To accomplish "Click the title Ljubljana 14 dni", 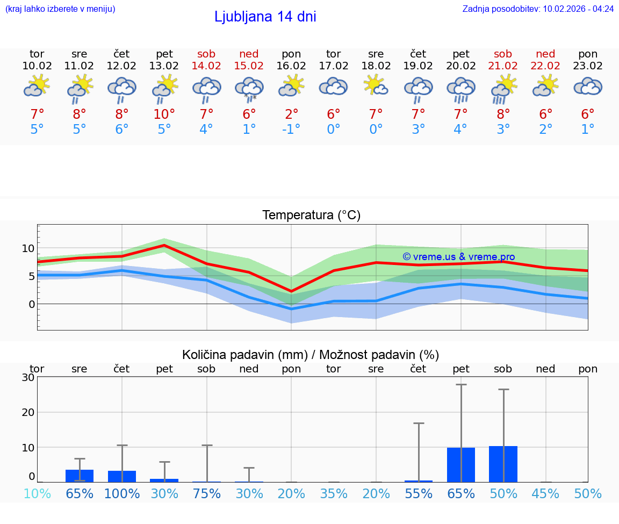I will (x=265, y=17).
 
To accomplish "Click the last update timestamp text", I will (x=538, y=9).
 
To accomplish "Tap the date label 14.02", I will (x=206, y=66).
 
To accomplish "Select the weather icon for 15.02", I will (x=249, y=89).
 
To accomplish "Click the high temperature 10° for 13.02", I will (x=164, y=114).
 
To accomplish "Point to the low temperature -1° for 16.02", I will (x=291, y=129).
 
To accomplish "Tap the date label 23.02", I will (x=588, y=66).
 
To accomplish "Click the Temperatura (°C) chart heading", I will (x=311, y=215).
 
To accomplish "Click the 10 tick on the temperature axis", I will (x=28, y=248).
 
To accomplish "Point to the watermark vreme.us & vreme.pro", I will (x=458, y=257).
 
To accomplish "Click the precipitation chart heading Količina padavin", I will (x=311, y=354).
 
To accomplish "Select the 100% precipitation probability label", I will (x=122, y=493).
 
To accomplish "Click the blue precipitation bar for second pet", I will (x=461, y=464).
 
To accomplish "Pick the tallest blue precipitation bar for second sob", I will (x=503, y=464).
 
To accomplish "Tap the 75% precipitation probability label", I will (x=206, y=493).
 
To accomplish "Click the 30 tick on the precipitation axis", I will (x=28, y=377).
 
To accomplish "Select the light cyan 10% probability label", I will (x=37, y=493).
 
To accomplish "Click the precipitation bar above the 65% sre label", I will (x=80, y=476).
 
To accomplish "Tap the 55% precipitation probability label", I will (x=418, y=493).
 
